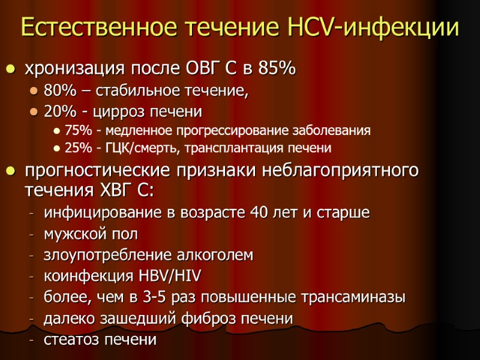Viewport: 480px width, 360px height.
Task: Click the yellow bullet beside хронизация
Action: click(10, 70)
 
